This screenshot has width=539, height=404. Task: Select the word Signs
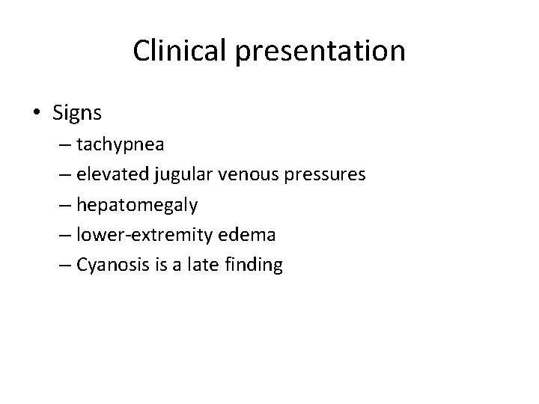78,113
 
